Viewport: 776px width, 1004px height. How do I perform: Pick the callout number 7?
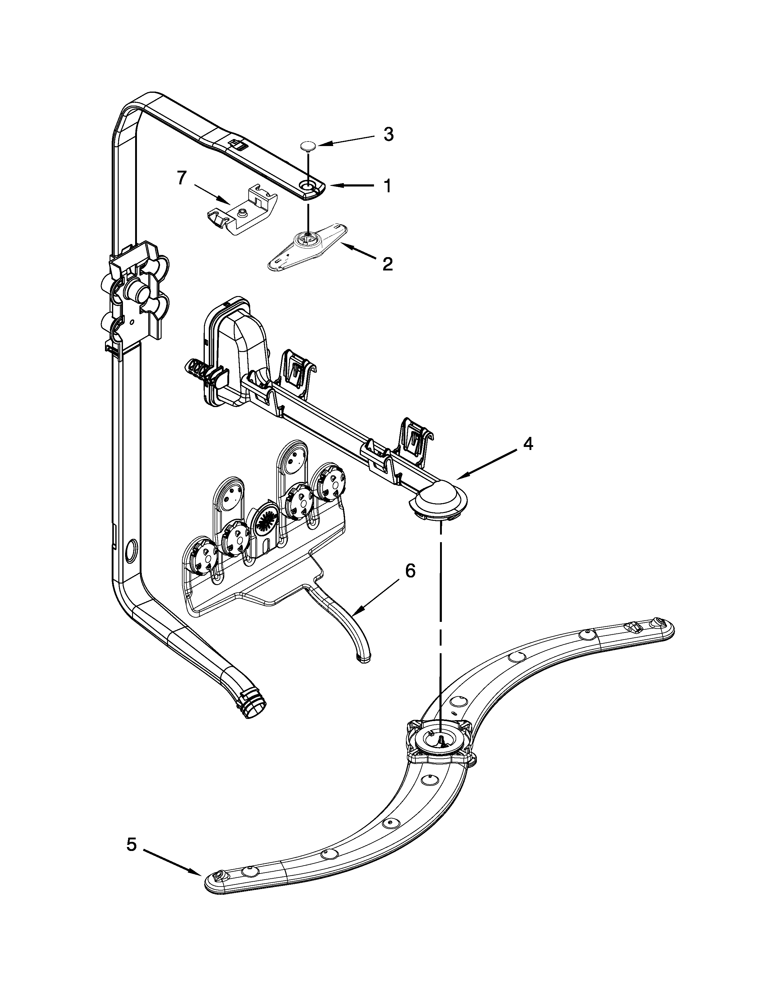(182, 178)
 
